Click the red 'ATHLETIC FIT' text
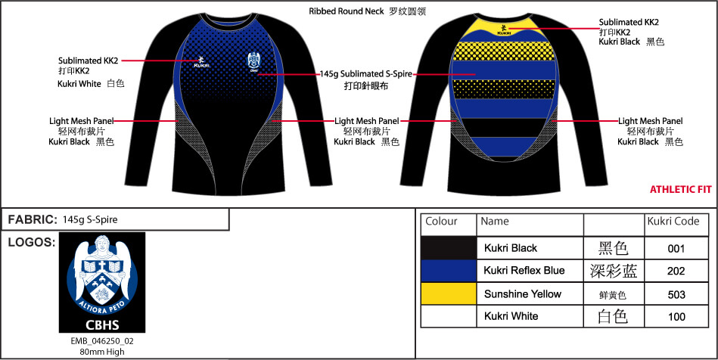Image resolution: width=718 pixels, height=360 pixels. point(681,190)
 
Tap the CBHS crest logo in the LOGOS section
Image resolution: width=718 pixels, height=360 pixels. point(102,282)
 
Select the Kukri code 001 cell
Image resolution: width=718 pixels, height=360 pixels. point(676,248)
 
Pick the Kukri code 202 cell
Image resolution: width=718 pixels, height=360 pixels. point(676,271)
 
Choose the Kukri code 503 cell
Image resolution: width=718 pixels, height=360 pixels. point(676,293)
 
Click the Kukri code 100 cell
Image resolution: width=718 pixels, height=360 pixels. point(676,316)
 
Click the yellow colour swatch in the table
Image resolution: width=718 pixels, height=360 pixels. point(448,293)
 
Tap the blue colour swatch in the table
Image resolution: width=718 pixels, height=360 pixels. point(448,271)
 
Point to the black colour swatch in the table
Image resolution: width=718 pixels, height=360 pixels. point(448,248)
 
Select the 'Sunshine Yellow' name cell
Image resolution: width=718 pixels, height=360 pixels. point(523,293)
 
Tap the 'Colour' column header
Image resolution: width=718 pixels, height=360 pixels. point(442,222)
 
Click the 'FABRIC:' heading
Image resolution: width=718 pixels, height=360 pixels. point(33,219)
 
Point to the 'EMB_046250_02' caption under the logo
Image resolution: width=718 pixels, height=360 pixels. point(102,341)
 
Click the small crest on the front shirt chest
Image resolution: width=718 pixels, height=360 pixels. point(253,62)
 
